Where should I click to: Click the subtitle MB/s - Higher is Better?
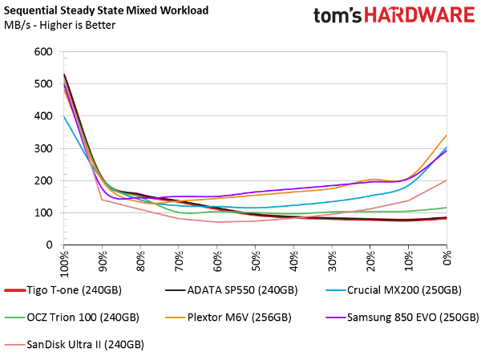click(x=59, y=25)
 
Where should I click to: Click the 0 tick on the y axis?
click(x=48, y=245)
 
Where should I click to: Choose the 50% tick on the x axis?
click(x=256, y=262)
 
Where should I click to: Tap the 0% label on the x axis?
click(x=447, y=261)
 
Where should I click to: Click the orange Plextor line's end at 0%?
click(x=447, y=136)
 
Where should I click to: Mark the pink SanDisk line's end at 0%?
click(x=447, y=180)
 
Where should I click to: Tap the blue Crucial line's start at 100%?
click(x=64, y=116)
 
